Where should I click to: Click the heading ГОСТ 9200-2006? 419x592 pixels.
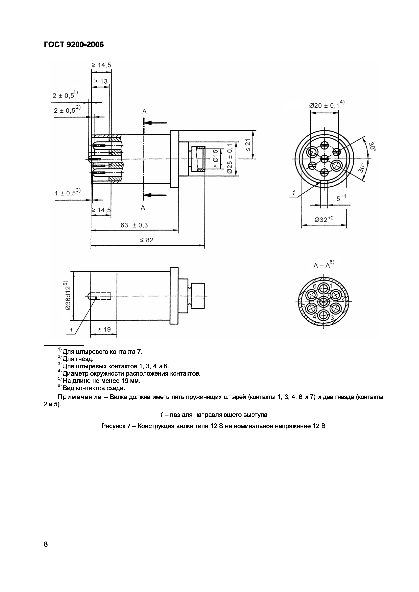[74, 45]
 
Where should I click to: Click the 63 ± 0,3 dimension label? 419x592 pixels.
[134, 225]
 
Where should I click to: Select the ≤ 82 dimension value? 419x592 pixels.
[147, 240]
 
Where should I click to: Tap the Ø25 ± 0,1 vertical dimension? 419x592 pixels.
[230, 159]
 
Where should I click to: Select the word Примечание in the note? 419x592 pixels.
[79, 397]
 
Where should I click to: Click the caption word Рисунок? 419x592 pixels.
[113, 426]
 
